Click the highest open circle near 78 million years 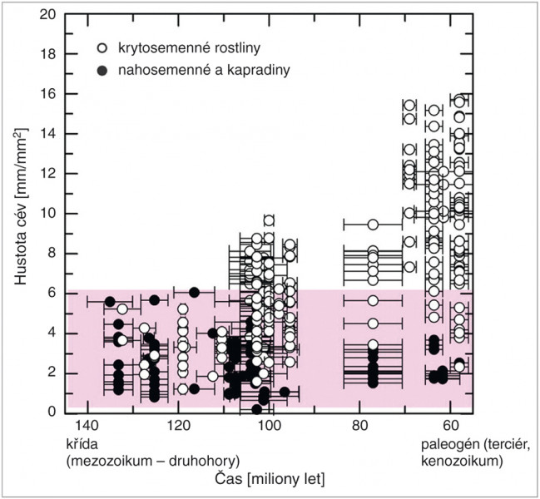[x=373, y=225]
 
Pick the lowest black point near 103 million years [x=256, y=408]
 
